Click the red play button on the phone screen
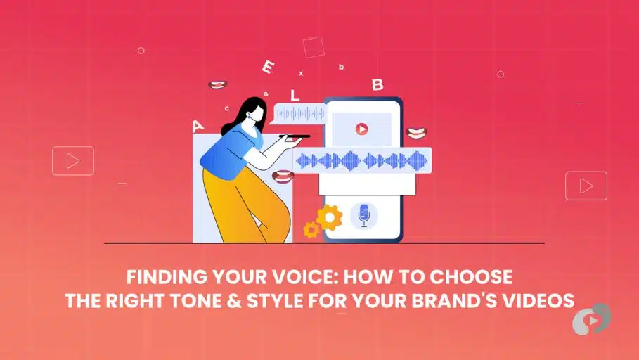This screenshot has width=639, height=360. (361, 129)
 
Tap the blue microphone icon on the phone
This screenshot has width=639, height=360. (363, 215)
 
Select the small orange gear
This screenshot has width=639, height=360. (311, 229)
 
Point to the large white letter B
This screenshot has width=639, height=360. (377, 85)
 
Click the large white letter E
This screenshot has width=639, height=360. (267, 67)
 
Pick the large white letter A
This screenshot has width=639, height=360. (198, 127)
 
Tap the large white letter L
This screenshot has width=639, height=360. (295, 95)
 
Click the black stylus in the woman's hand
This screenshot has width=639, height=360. (295, 136)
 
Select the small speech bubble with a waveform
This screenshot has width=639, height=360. (300, 113)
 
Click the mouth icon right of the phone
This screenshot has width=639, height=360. (418, 131)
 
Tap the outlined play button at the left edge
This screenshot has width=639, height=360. (72, 161)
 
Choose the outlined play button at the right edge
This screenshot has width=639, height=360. (586, 186)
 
